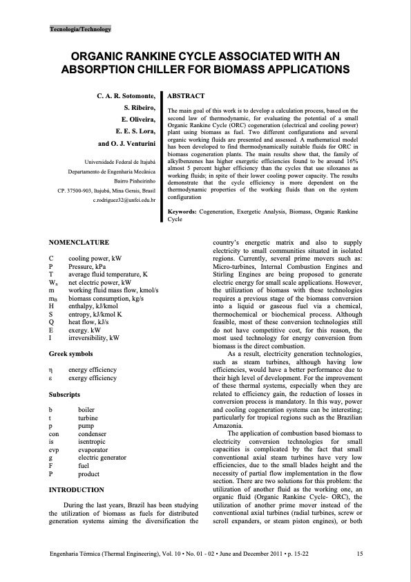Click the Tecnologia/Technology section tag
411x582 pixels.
80,30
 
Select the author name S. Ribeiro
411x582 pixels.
141,109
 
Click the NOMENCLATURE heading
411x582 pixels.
80,242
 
